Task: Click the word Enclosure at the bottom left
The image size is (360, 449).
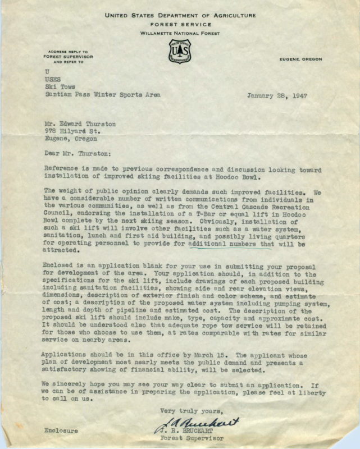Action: (x=61, y=430)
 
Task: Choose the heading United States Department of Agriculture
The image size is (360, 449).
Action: (x=179, y=16)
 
